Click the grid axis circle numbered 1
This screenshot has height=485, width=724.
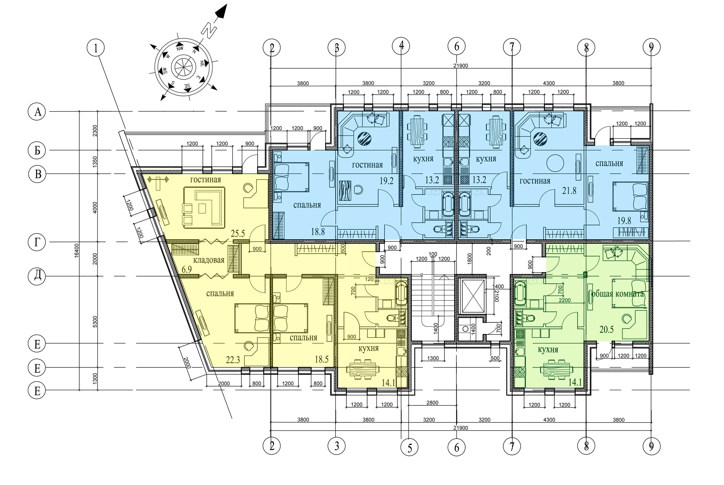coord(96,48)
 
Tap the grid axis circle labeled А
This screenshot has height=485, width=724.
coord(37,111)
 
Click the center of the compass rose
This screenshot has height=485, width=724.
coord(183,67)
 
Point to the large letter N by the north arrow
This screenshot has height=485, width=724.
coord(209,30)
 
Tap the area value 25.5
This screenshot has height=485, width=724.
coord(238,234)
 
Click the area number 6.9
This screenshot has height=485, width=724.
coord(187,269)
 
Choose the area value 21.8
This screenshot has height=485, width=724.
coord(569,191)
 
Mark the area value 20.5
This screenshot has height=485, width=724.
coord(606,329)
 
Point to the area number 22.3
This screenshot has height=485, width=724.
coord(233,360)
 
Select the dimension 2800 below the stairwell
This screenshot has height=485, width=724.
coord(432,402)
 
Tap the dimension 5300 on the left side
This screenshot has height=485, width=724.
coord(95,322)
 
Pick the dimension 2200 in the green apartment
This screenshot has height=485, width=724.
coord(565,300)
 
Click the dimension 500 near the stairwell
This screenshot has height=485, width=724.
coord(495,358)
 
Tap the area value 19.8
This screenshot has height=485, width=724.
coord(624,221)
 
